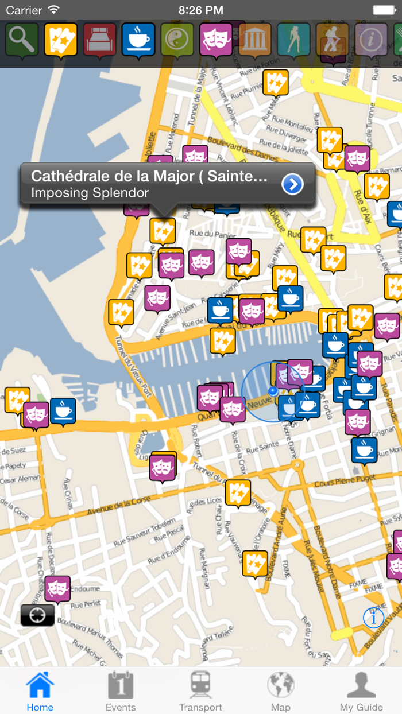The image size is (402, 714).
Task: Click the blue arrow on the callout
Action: click(293, 184)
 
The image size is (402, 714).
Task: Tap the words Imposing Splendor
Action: click(90, 193)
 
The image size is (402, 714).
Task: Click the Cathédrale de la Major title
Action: click(149, 176)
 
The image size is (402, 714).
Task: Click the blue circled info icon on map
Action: click(373, 618)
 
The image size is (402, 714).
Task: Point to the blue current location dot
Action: click(273, 391)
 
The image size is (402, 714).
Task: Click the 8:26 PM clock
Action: click(201, 10)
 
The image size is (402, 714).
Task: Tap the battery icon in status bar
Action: click(384, 10)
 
